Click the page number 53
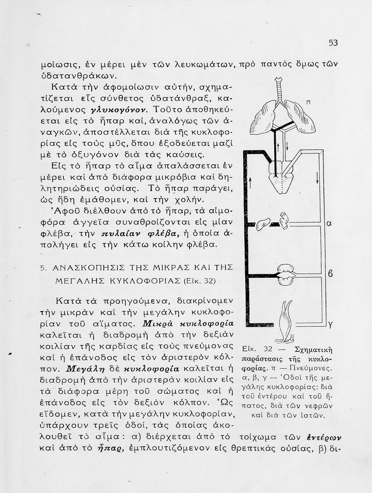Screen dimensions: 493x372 click(333, 43)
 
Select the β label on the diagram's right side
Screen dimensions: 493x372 click(331, 273)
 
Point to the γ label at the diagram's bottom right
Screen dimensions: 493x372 click(331, 325)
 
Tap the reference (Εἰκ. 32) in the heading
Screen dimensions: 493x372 click(199, 281)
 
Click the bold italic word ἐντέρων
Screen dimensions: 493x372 click(324, 437)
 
